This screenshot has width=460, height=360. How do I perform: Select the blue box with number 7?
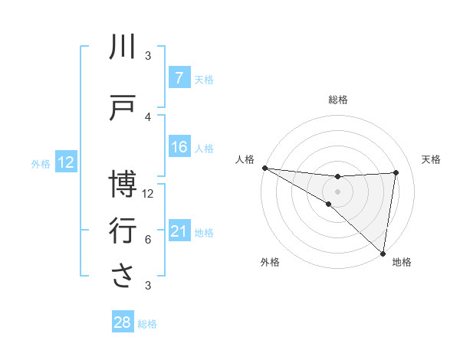click(179, 78)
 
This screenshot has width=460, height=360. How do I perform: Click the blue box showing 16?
click(179, 148)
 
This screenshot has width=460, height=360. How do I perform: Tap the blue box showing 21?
click(179, 232)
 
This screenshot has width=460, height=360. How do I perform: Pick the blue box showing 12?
click(65, 162)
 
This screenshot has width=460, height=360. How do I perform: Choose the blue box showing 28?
click(122, 322)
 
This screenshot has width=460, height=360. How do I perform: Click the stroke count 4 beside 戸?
click(148, 117)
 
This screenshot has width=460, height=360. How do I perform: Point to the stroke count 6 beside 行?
click(148, 240)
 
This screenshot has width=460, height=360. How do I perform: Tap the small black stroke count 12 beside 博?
click(148, 194)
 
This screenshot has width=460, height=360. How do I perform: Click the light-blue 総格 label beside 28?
click(147, 324)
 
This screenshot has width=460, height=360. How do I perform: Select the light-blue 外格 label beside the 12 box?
click(41, 163)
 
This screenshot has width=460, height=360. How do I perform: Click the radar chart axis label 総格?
click(337, 100)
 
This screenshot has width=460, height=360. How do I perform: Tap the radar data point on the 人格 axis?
click(264, 168)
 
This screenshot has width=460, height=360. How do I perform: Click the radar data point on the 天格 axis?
click(396, 172)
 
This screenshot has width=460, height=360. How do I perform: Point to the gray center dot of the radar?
click(337, 190)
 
